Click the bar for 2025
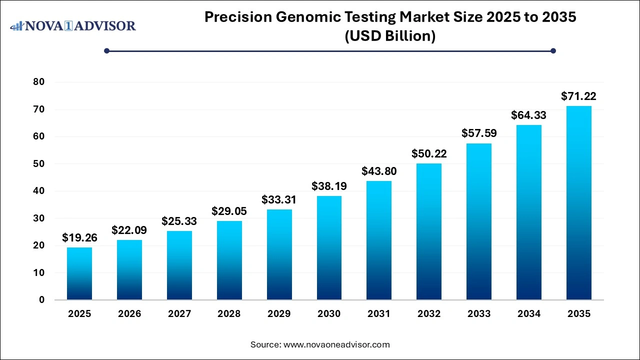(x=79, y=273)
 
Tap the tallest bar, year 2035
(x=579, y=203)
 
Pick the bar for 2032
(x=429, y=231)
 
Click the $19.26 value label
(x=79, y=238)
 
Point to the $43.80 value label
(x=379, y=171)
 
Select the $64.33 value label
(x=528, y=115)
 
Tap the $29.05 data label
(x=229, y=211)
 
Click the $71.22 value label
(x=578, y=96)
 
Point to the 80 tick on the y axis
(x=39, y=82)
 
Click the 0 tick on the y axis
(x=42, y=300)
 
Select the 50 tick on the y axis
(x=39, y=163)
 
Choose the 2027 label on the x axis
(x=179, y=314)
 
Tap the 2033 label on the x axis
(x=478, y=314)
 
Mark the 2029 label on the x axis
(x=279, y=314)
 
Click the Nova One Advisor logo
(x=73, y=25)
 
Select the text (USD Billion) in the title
(x=390, y=36)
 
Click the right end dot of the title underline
(x=553, y=50)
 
